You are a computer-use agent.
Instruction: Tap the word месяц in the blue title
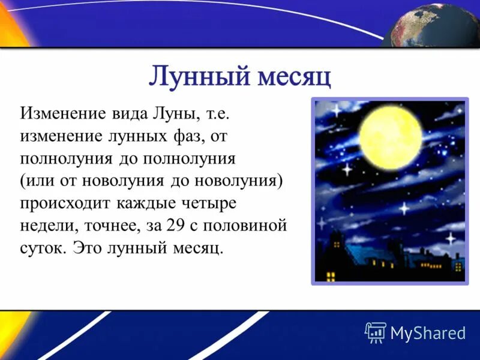(x=294, y=77)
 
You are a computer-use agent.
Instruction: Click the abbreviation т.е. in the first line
(x=211, y=113)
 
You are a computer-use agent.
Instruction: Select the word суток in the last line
(x=41, y=248)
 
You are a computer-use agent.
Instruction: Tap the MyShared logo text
(x=427, y=332)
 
